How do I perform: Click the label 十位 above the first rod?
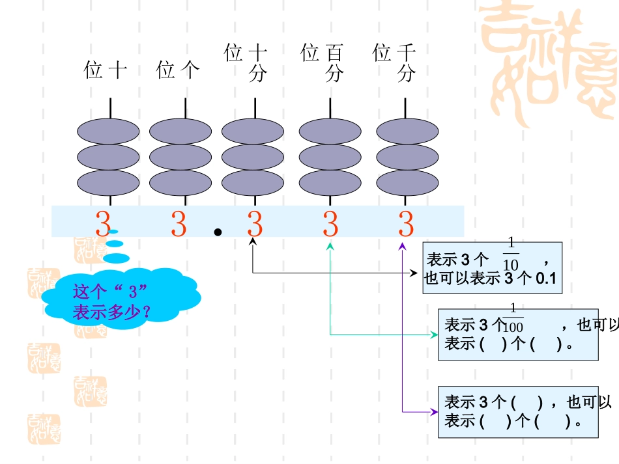(105, 70)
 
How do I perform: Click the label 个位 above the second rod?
(177, 70)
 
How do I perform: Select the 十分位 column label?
(247, 62)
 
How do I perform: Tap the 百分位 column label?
(323, 62)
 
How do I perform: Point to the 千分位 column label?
(395, 62)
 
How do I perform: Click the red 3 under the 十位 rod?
(103, 225)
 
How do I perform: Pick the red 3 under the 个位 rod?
(179, 225)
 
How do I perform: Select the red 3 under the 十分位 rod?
(254, 225)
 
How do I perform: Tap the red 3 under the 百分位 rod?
(330, 225)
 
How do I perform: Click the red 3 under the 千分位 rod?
(406, 225)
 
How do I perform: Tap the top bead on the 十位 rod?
(108, 131)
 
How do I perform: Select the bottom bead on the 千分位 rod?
(407, 183)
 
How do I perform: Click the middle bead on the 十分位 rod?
(252, 157)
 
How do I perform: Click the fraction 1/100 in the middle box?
(513, 318)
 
